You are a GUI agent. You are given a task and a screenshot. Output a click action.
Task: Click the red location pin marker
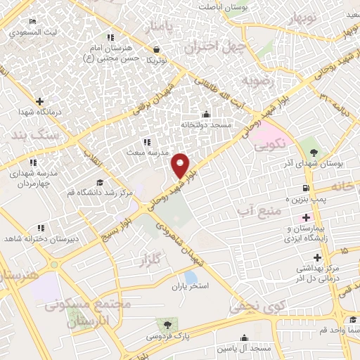[181, 165]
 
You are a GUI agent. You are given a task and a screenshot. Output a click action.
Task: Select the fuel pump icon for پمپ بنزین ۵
[304, 188]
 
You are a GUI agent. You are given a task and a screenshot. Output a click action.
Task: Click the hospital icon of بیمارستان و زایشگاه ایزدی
[305, 216]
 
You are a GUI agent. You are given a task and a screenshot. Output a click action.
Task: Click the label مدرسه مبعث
[145, 152]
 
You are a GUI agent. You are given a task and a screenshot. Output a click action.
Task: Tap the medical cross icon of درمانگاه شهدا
[39, 102]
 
